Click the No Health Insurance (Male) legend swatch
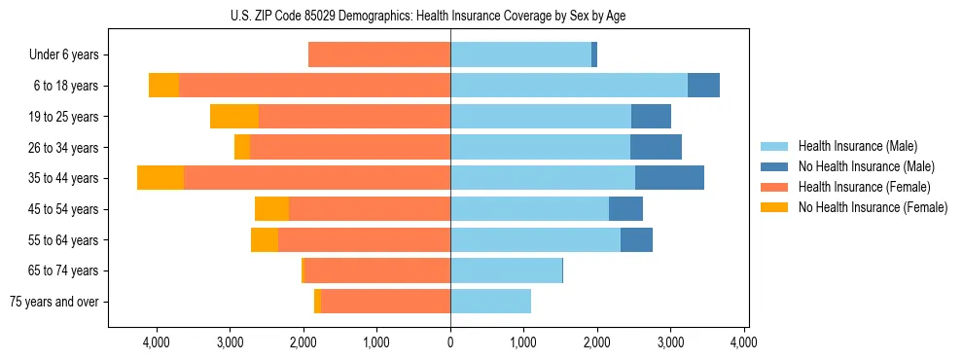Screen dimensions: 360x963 (775, 166)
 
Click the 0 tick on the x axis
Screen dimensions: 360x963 (450, 342)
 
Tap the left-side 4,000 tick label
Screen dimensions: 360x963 (157, 342)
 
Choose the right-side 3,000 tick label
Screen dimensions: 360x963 (670, 342)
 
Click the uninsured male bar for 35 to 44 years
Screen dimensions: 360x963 (669, 178)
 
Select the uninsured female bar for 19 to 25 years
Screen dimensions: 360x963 (234, 117)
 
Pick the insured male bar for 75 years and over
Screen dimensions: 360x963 (490, 302)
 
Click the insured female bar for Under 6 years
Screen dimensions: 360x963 (379, 55)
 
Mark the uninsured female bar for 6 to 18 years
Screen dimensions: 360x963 (163, 86)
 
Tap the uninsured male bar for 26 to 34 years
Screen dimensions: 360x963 (656, 147)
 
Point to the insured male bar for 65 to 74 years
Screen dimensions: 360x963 (506, 270)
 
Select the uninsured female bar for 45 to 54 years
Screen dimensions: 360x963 (271, 209)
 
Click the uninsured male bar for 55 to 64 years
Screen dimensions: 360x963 (636, 240)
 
